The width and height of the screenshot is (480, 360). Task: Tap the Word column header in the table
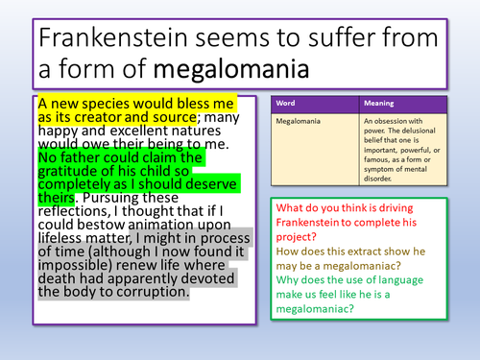(x=287, y=104)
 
